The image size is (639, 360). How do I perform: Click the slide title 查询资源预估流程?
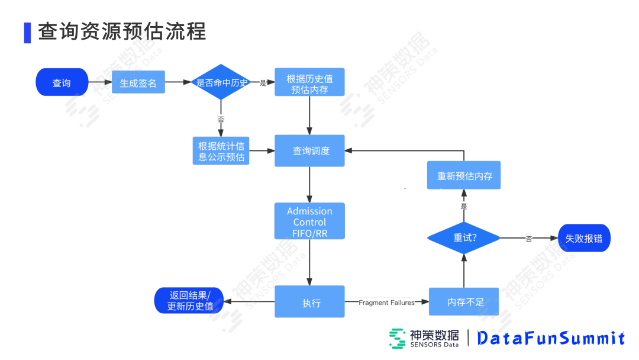(122, 31)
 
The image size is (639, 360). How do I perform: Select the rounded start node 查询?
(62, 82)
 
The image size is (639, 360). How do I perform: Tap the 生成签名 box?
(138, 83)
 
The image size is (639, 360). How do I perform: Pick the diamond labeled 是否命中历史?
(221, 83)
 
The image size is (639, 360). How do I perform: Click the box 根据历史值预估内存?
(309, 83)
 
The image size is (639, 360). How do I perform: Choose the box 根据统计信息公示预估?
(221, 151)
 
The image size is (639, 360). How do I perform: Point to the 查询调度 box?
(309, 151)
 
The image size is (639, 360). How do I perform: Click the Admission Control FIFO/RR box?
(309, 221)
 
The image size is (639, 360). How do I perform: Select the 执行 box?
(309, 302)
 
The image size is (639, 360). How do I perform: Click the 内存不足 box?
(464, 302)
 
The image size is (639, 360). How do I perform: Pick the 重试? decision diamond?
(464, 238)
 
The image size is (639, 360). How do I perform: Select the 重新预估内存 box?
(464, 175)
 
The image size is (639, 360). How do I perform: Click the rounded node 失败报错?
(583, 238)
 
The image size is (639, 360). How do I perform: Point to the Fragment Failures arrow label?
(386, 303)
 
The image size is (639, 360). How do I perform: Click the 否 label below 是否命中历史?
(221, 120)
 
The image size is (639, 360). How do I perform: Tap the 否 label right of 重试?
(528, 239)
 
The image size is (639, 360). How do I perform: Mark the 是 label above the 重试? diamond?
(464, 207)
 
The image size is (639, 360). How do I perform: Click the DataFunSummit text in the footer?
(550, 338)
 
